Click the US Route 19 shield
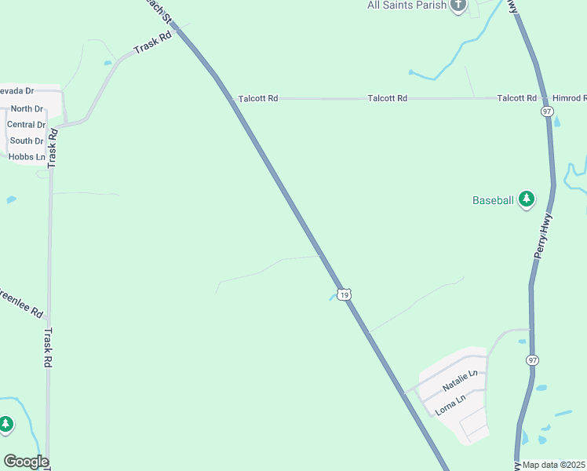tap(344, 294)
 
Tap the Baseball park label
tap(493, 200)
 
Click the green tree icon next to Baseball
tap(527, 199)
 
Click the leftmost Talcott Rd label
tap(258, 99)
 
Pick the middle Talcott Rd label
tap(388, 98)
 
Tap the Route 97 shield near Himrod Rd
tap(547, 112)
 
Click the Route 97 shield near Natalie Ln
tap(533, 360)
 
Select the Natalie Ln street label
tap(459, 382)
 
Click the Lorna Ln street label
tap(450, 406)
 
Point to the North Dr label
tap(27, 109)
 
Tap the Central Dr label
tap(26, 125)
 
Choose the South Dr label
tap(27, 141)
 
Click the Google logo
tap(26, 462)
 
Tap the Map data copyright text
tap(554, 465)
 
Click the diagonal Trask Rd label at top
tap(152, 43)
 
